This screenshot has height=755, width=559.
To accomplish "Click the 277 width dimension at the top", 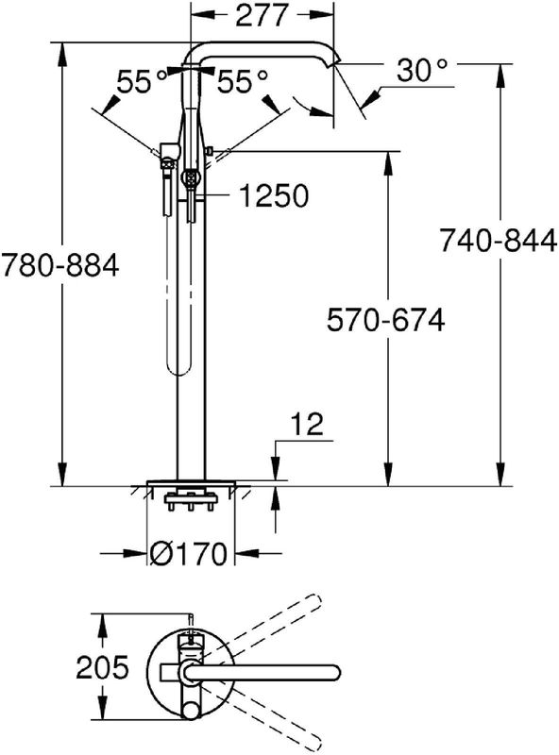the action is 262,15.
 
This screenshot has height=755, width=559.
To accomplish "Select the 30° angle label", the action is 422,71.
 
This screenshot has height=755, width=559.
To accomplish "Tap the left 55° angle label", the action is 143,81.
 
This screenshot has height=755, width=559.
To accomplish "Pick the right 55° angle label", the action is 242,81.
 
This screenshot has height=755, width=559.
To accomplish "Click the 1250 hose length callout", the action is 274,196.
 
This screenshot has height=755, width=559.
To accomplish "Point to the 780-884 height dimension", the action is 59,265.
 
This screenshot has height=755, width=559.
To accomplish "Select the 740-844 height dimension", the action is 499,241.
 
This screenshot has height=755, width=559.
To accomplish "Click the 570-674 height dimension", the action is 385,320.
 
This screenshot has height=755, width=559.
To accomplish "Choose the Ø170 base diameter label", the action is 188,554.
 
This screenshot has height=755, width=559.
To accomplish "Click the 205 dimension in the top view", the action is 103,667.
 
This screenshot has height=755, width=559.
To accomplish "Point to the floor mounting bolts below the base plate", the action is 191,501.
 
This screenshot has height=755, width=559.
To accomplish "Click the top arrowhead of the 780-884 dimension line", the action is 62,52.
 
